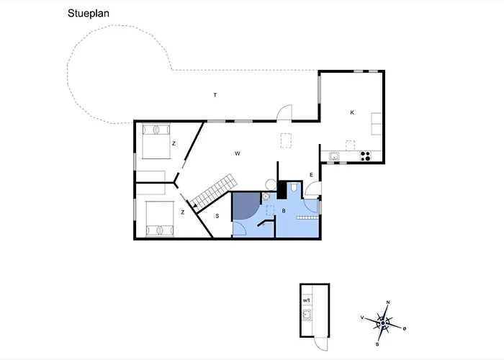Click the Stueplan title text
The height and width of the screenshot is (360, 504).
89,14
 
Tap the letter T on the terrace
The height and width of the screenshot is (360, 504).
215,95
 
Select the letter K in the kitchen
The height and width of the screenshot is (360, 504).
352,112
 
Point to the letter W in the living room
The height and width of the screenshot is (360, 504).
237,153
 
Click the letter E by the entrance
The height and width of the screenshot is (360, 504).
311,175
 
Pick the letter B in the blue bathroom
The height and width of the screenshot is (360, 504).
284,211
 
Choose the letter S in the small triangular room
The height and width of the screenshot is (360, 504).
217,216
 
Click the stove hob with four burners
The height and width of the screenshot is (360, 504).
365,156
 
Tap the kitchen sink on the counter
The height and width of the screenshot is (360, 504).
334,156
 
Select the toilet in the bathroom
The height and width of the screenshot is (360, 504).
294,187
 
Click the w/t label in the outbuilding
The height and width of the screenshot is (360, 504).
306,300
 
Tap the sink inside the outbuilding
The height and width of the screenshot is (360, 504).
307,315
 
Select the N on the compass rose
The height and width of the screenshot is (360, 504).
388,302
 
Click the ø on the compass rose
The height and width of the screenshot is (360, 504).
405,328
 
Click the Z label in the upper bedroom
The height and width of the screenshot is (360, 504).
174,143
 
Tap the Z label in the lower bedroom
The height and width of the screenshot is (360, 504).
183,212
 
